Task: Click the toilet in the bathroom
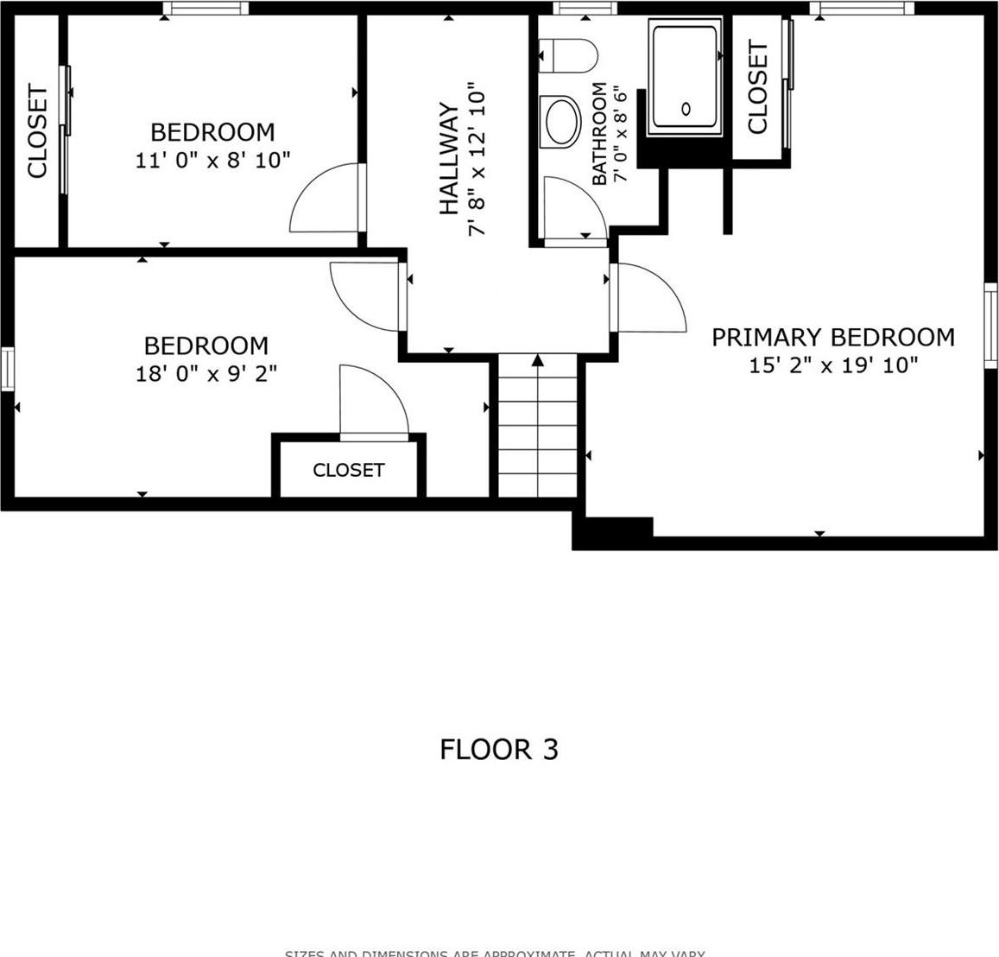click(571, 57)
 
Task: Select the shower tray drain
click(686, 109)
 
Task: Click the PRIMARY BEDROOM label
click(832, 337)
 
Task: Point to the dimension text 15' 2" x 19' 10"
click(832, 365)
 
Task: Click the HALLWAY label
click(449, 159)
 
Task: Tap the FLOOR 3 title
click(498, 749)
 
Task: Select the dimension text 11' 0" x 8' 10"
click(212, 160)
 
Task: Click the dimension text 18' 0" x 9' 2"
click(205, 373)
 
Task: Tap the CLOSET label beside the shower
click(757, 87)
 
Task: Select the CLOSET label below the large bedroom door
click(348, 470)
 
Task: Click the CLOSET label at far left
click(37, 130)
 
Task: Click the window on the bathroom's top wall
click(585, 9)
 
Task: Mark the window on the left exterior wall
click(8, 369)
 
